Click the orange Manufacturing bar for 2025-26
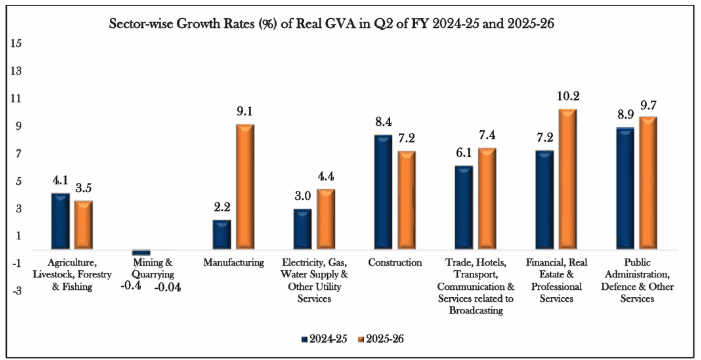(245, 186)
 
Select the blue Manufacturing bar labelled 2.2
(222, 234)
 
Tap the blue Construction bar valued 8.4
(383, 192)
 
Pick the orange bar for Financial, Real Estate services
(567, 179)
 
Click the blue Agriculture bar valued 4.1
(60, 221)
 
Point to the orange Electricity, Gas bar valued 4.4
(325, 219)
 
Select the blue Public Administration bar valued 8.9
(625, 188)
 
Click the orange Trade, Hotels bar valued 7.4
(487, 199)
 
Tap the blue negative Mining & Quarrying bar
(141, 252)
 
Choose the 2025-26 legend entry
(380, 339)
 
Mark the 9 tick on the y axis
(21, 126)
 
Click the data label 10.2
(568, 96)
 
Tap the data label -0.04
(168, 288)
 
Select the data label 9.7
(648, 105)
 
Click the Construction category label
(395, 263)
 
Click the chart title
(332, 24)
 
